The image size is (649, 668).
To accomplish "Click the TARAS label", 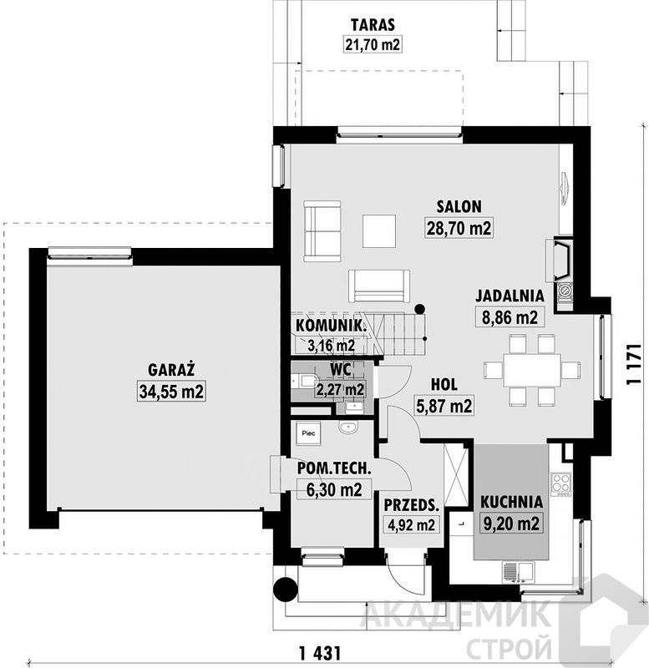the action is (x=373, y=25).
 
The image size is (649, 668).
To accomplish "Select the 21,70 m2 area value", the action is (x=373, y=44).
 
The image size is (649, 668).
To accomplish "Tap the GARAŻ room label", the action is (x=171, y=369).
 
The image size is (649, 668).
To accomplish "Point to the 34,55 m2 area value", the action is (x=171, y=391).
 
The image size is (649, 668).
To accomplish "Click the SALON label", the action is (x=459, y=206).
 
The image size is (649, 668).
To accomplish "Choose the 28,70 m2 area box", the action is (x=459, y=228).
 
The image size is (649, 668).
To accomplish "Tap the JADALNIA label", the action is (x=510, y=296).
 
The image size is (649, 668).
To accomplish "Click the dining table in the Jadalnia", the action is (x=532, y=369).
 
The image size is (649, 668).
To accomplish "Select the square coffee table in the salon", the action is (x=379, y=231).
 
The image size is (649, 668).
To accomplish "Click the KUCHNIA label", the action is (x=511, y=502).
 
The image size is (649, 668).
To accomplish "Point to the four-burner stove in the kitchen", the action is (x=561, y=484).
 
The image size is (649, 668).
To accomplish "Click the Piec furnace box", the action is (x=308, y=433).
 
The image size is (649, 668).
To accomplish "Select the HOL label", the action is (x=444, y=385).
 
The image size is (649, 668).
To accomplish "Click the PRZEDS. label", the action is (x=411, y=505).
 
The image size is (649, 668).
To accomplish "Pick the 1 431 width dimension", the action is (x=320, y=653).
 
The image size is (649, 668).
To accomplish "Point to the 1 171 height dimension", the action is (x=634, y=364).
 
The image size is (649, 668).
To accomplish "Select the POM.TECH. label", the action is (x=334, y=468).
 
